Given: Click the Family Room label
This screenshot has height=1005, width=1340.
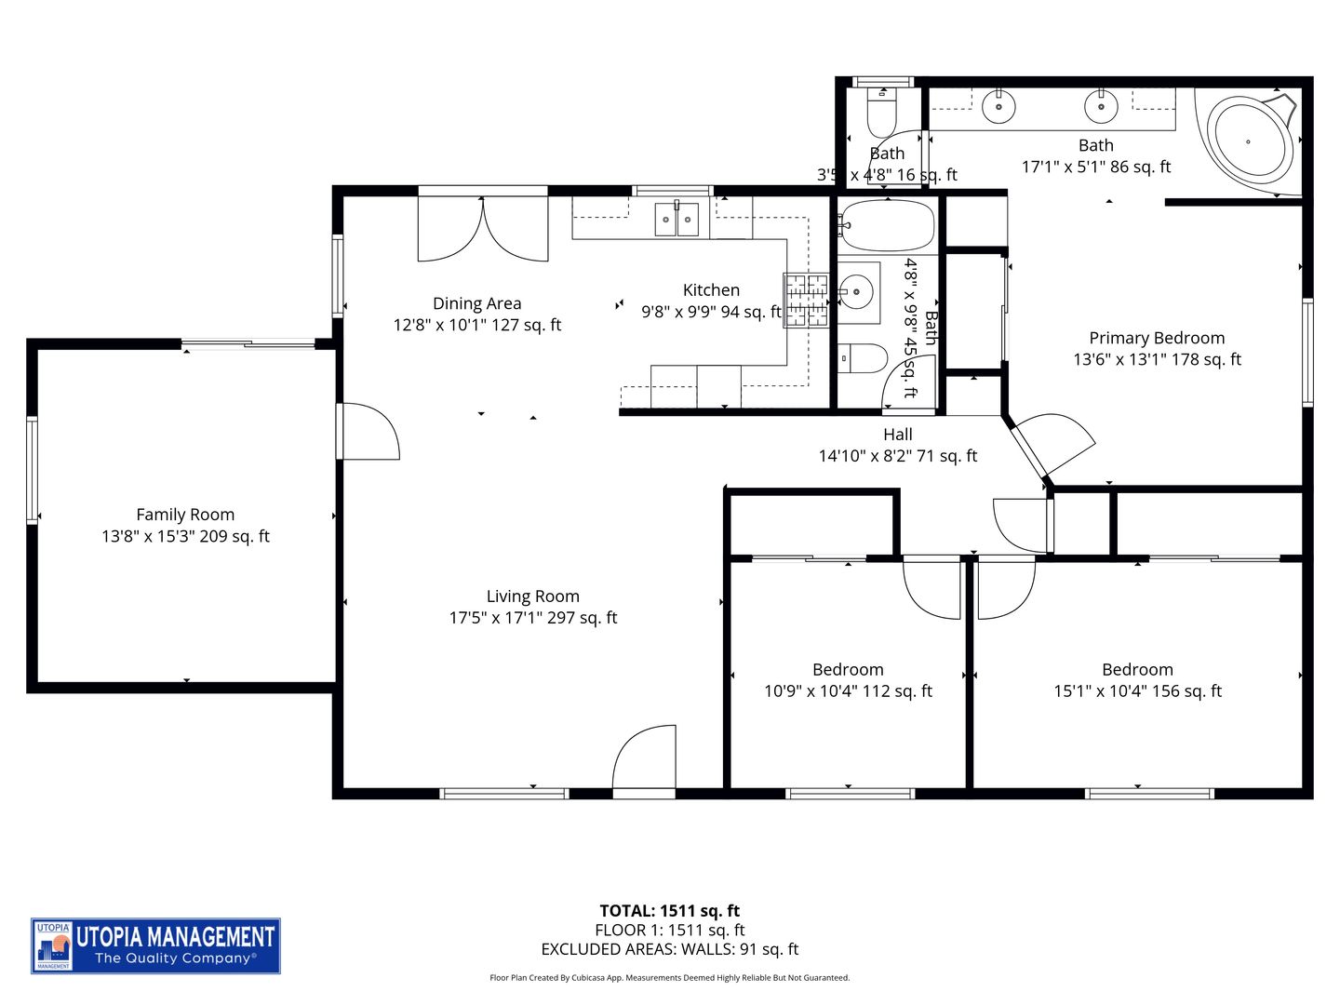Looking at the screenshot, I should (185, 515).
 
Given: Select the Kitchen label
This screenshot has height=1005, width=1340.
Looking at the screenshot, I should (711, 290).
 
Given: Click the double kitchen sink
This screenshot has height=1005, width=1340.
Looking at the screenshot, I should (677, 220).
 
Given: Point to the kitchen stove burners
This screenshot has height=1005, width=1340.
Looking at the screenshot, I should (806, 300).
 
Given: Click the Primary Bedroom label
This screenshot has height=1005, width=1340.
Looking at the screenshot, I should (1157, 338).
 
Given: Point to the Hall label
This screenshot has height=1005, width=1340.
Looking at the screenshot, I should (898, 435).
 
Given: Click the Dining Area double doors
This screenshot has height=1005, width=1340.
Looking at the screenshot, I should (483, 228).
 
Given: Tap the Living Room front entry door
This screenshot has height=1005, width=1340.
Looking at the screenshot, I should (644, 761).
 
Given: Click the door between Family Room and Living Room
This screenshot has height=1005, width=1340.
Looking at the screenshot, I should (368, 431).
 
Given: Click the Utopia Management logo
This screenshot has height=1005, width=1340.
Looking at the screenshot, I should (155, 945).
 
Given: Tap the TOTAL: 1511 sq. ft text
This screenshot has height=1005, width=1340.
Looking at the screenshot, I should (669, 911).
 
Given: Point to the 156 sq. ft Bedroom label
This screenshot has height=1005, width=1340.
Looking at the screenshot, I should (1137, 670).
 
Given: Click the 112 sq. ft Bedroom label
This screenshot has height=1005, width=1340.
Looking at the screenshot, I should (848, 670).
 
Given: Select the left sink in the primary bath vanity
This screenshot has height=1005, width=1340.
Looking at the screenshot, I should (998, 107).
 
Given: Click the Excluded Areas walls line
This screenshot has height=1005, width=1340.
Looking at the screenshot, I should (669, 950).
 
